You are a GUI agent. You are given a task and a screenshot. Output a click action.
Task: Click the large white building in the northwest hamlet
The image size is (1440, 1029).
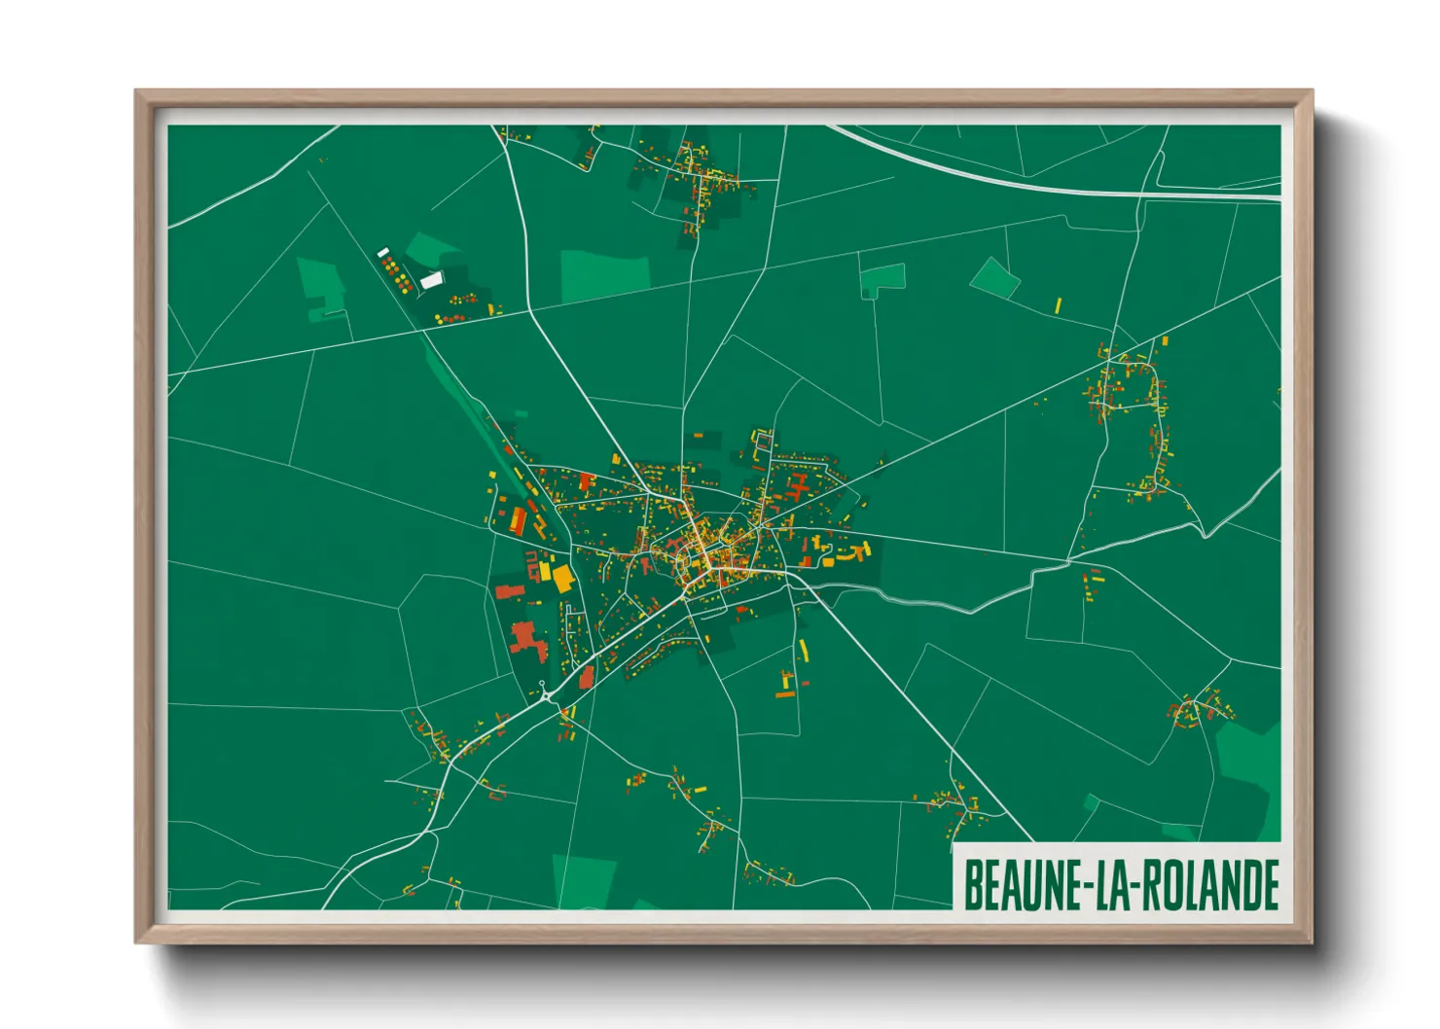(431, 280)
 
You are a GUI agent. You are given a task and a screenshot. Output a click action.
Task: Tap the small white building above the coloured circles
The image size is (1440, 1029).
(382, 252)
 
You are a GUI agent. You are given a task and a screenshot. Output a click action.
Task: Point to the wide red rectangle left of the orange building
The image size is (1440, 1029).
(509, 589)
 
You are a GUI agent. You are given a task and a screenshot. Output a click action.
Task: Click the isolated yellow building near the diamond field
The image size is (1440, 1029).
(1058, 304)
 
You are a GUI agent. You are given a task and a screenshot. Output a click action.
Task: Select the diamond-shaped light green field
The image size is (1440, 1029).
(994, 277)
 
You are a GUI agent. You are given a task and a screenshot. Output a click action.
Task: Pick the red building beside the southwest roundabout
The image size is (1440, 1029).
(586, 677)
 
